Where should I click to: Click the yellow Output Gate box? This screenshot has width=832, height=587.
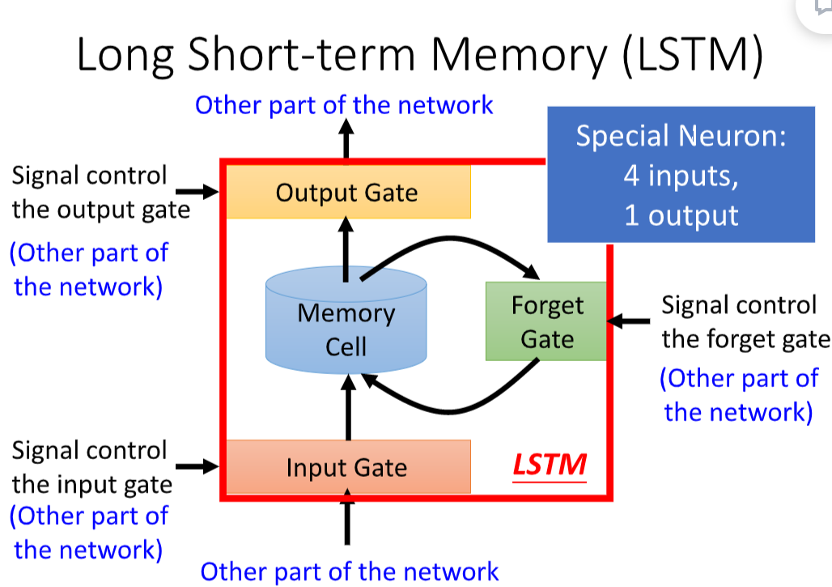pos(349,192)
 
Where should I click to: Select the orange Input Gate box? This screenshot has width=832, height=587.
pos(349,466)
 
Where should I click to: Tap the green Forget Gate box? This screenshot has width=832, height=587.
pos(546,321)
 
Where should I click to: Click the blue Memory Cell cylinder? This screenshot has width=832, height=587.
pos(346,320)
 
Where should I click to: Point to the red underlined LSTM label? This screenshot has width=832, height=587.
pos(550,466)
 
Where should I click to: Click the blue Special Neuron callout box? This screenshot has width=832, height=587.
pos(681,175)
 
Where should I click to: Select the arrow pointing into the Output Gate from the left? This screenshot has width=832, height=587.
pos(197,192)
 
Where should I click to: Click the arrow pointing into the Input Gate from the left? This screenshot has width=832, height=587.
pos(197,466)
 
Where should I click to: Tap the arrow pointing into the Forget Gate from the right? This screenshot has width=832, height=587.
pos(628,321)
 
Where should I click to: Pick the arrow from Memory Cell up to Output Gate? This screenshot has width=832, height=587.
pos(346,249)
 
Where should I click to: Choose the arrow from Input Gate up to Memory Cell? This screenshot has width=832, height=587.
pos(348,407)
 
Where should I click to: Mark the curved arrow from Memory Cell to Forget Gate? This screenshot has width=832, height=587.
pos(451,239)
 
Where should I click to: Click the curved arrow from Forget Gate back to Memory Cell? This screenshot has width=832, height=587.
pos(450,410)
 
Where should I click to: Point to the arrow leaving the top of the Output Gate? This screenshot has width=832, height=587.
pos(346,138)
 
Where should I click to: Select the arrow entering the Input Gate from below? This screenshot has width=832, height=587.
pos(347,517)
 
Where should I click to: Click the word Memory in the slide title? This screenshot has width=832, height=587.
pos(519,56)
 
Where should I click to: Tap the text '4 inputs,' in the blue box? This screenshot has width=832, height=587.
pos(681,175)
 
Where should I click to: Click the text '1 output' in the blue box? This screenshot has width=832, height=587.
pos(681,215)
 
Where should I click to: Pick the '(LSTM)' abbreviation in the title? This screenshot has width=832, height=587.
pos(693,55)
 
